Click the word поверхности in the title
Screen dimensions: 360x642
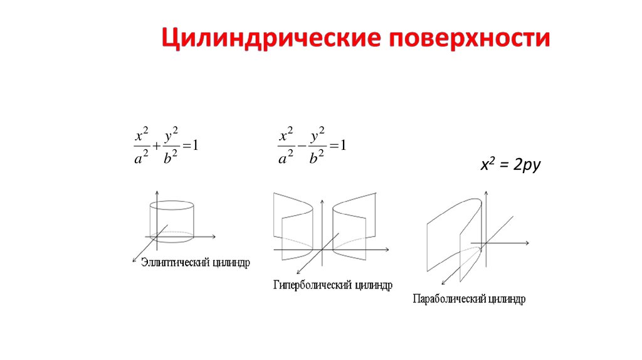click(x=470, y=38)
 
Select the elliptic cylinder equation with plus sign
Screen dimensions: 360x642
click(x=167, y=146)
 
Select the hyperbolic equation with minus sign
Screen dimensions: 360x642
click(x=312, y=146)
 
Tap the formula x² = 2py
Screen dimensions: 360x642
click(x=510, y=166)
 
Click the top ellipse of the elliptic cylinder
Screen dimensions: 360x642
click(x=171, y=206)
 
